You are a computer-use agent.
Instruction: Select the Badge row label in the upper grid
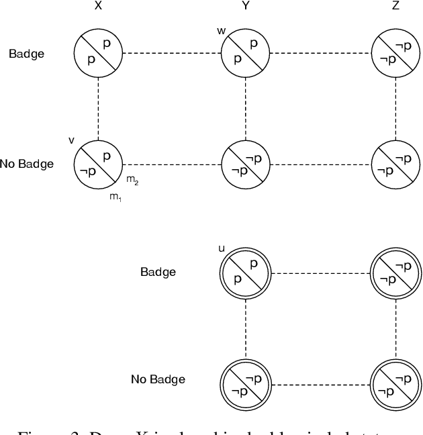26,53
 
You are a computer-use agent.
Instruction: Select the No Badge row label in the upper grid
27,163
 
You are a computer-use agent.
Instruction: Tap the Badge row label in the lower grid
158,272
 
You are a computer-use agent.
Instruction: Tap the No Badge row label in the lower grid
158,379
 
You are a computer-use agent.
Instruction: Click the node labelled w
246,53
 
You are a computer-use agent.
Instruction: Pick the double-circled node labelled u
246,273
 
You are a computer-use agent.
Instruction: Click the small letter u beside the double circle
222,249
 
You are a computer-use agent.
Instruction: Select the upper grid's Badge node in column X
99,53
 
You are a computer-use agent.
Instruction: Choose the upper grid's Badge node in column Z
395,53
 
